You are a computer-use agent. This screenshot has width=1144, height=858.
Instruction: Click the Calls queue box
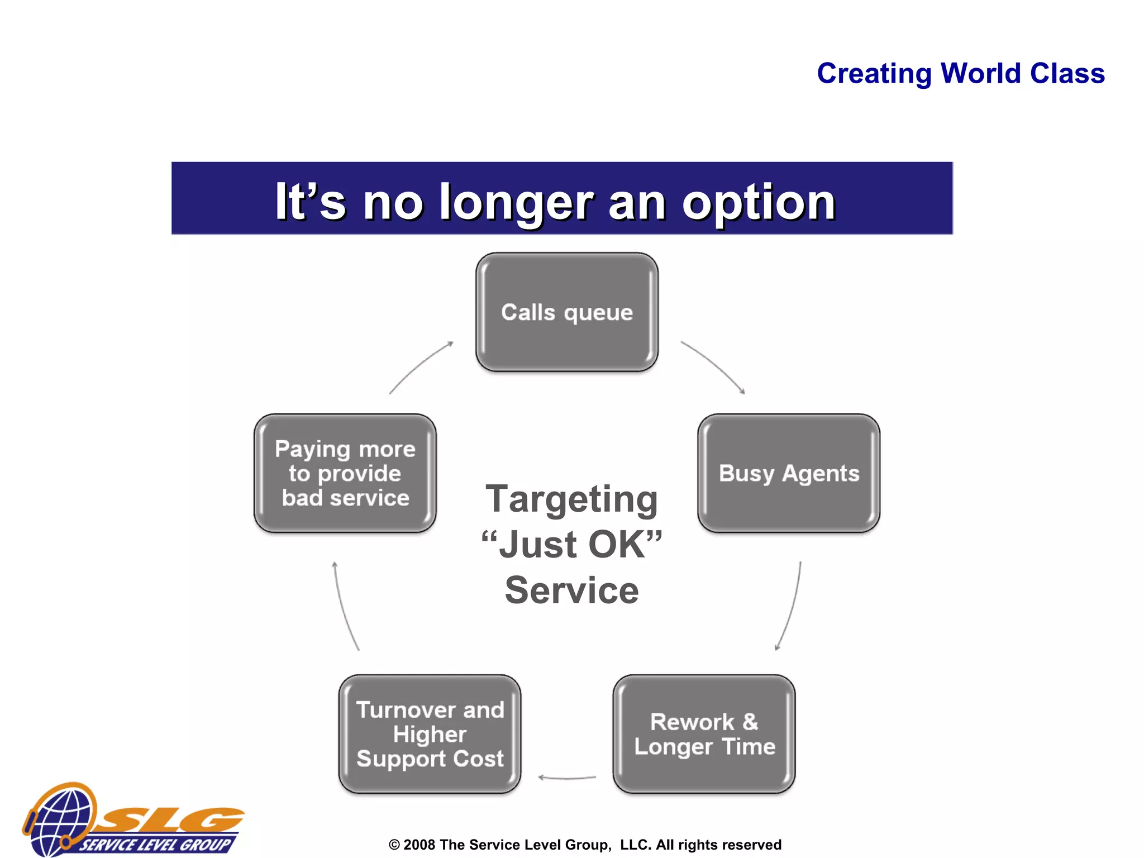coord(566,312)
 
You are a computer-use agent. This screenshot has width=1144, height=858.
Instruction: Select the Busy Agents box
coord(788,473)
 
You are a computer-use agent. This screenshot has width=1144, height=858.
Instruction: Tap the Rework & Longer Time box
coord(704,734)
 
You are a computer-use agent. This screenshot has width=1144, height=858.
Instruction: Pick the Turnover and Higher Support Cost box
coord(430,734)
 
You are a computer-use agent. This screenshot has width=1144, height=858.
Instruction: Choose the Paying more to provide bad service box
coord(345,473)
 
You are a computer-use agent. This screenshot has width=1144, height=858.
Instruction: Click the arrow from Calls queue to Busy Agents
coord(716,365)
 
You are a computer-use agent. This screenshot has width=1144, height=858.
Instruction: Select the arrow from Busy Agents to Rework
coord(792,609)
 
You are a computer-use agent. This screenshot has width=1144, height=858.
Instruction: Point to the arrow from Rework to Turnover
coord(566,778)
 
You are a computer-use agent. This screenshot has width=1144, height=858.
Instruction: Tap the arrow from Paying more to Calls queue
coord(419,366)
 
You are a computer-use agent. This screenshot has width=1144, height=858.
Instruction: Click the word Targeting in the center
coord(571,499)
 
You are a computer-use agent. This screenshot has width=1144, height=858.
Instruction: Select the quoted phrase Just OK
coord(571,545)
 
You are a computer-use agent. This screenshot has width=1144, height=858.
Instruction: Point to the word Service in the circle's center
coord(571,590)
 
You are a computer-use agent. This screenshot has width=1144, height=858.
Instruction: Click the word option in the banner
coord(758,202)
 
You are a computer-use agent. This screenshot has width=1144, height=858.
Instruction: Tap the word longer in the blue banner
coord(516,202)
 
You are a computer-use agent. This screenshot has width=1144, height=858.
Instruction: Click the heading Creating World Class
coord(960,74)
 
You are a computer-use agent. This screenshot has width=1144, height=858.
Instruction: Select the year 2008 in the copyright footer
coord(419,845)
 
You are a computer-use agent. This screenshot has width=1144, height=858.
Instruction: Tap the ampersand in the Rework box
coord(750,722)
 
